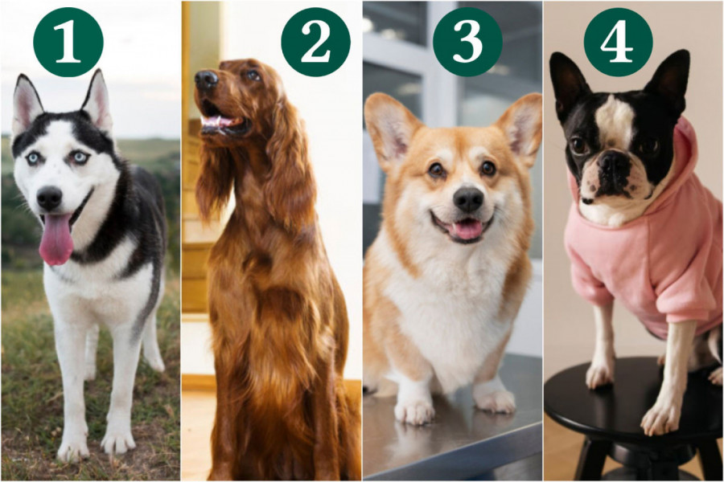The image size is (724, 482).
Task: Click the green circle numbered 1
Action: [x=68, y=42]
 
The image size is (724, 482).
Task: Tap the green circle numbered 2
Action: [x=316, y=42]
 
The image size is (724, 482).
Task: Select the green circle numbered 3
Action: [x=467, y=42]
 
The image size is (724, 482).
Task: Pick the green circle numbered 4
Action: [x=619, y=42]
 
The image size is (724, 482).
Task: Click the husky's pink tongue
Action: [x=56, y=239]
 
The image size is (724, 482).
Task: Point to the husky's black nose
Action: [x=49, y=198]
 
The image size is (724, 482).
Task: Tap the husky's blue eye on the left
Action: [x=33, y=159]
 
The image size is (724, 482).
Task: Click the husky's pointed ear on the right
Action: [x=98, y=101]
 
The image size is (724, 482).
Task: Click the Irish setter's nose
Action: [x=206, y=80]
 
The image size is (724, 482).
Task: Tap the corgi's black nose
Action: [x=468, y=199]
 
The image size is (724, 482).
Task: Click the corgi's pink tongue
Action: [x=467, y=229]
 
